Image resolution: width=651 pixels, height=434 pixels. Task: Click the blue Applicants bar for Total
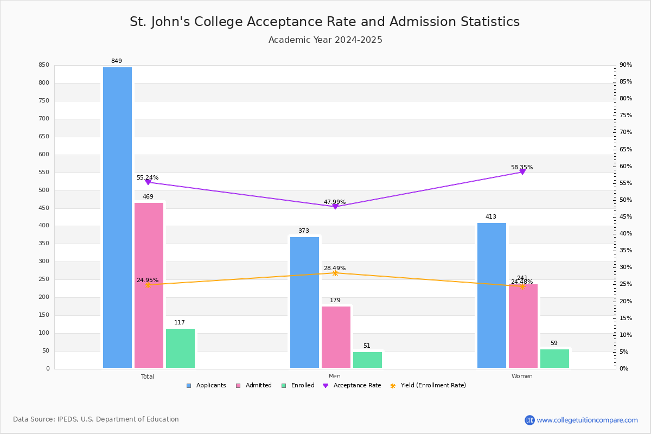(x=117, y=217)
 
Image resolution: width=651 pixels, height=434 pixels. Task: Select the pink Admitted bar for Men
(x=336, y=337)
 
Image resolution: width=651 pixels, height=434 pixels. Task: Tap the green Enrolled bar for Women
(x=554, y=358)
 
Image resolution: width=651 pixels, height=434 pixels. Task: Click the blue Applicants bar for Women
(x=492, y=295)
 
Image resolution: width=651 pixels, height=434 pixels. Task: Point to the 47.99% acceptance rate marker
(x=335, y=206)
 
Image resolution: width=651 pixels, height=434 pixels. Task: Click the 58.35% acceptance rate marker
(x=522, y=171)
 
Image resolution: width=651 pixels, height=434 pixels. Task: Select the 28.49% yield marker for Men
(x=335, y=273)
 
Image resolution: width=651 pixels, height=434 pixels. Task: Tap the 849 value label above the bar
(x=117, y=61)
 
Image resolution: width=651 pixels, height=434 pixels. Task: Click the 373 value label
(x=303, y=231)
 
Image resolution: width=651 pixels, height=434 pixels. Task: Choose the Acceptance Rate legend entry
(x=352, y=386)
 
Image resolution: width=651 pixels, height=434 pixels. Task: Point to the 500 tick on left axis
(x=43, y=190)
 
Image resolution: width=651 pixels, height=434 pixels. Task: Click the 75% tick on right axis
(x=626, y=116)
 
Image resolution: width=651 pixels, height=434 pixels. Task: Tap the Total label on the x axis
(x=148, y=376)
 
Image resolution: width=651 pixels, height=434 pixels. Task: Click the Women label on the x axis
(x=522, y=376)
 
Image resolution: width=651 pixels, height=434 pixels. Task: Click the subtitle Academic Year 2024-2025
(x=325, y=40)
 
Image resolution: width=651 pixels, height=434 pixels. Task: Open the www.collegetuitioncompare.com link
(x=587, y=420)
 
